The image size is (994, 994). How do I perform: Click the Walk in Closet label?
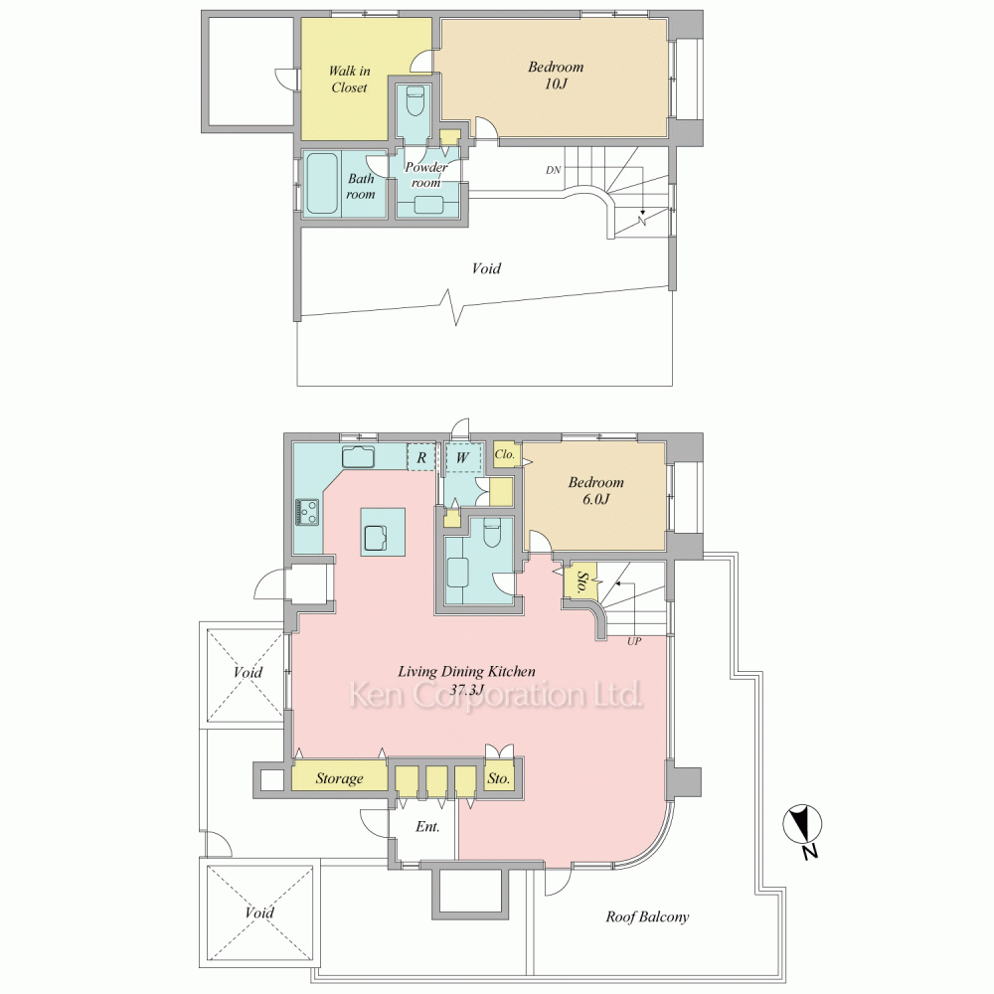tap(349, 80)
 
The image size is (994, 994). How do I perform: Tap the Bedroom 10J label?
tap(556, 75)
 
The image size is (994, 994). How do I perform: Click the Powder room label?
tap(426, 175)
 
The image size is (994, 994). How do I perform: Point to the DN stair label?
tap(554, 170)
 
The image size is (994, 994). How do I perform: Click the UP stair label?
tap(634, 641)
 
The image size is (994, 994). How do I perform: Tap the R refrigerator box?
tap(420, 457)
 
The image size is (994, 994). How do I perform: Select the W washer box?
tap(462, 457)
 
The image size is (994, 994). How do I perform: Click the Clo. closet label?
tap(505, 454)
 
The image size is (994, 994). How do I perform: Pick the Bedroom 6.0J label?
tap(595, 490)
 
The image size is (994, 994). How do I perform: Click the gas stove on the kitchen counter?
tap(308, 512)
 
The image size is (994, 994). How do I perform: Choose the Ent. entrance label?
tap(427, 827)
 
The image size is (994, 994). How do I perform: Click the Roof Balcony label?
tap(647, 916)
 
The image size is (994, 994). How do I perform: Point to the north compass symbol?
tap(802, 826)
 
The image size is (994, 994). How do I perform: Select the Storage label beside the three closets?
tap(339, 778)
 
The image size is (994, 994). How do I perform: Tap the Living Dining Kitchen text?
tap(466, 671)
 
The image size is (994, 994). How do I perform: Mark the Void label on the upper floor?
tap(486, 268)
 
